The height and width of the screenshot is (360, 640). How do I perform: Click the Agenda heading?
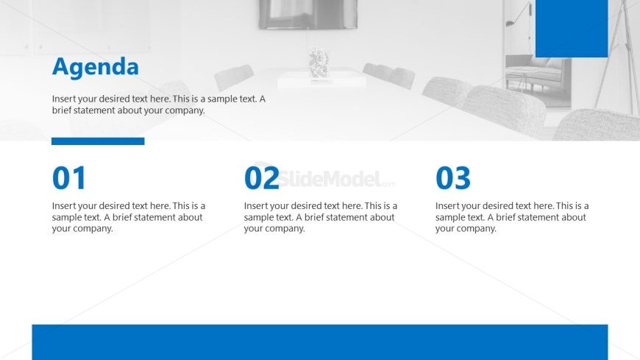[x=96, y=67]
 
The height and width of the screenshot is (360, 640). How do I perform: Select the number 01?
[x=69, y=178]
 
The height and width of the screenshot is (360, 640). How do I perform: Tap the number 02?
[x=261, y=178]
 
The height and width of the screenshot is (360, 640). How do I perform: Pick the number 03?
[x=452, y=178]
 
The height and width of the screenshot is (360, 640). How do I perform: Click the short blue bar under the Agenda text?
[x=98, y=141]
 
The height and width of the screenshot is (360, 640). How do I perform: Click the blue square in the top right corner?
[x=572, y=29]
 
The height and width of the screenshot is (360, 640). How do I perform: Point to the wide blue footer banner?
[x=320, y=342]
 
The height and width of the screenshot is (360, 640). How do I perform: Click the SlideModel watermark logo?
[x=324, y=178]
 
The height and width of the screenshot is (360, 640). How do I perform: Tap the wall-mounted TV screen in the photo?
[x=307, y=14]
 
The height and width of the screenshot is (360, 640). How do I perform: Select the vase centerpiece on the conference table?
[x=319, y=63]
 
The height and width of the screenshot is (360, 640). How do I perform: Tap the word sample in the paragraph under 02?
[x=258, y=217]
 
